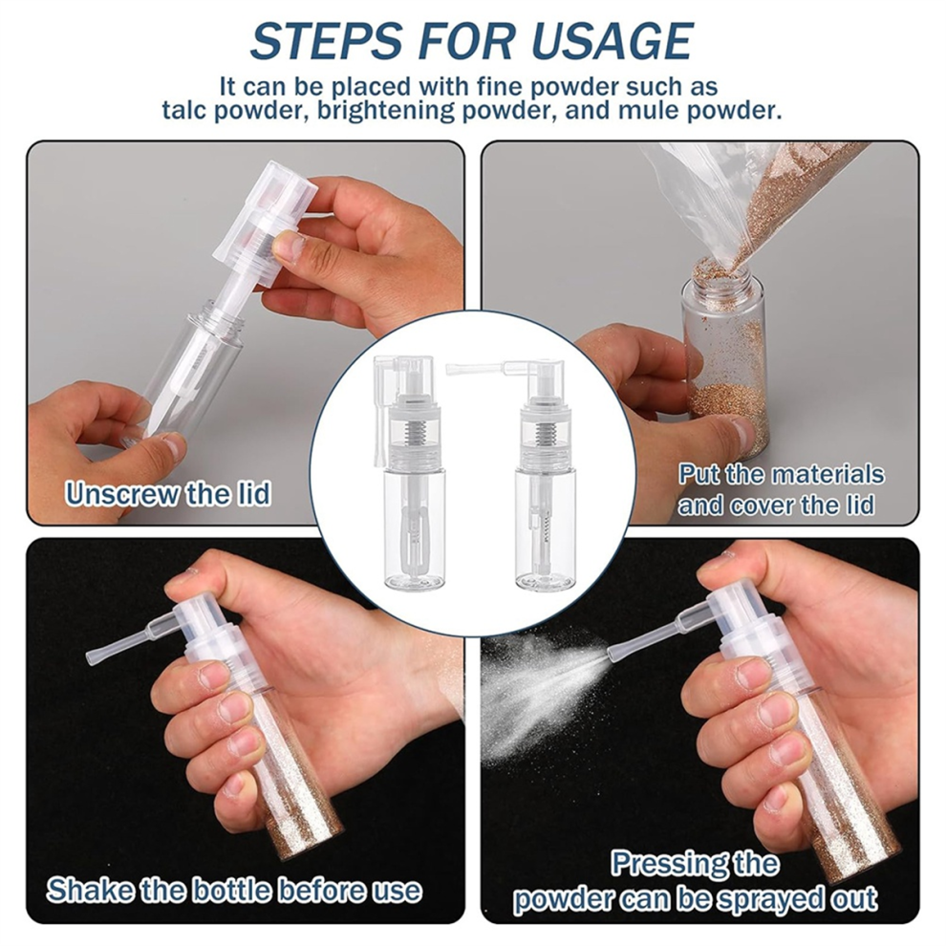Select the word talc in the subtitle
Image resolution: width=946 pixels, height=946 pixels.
183,111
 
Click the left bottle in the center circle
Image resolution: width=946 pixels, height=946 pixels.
408,470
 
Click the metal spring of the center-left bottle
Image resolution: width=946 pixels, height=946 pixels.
413,435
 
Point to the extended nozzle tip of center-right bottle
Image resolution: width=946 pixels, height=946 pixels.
450,366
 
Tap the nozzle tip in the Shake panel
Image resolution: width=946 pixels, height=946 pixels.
91,655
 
